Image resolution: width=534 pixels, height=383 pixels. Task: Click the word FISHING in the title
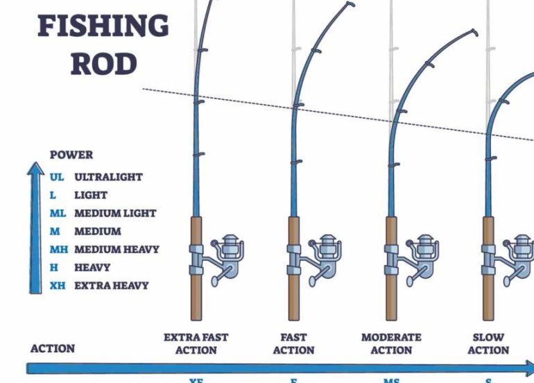(103, 26)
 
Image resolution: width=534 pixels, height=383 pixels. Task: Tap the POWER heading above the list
(71, 155)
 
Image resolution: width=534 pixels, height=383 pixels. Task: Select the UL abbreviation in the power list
(57, 177)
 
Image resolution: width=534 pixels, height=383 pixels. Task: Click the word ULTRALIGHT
(108, 177)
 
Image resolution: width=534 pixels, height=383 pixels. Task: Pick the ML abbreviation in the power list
(58, 213)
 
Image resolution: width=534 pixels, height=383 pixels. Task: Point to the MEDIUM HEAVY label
(117, 249)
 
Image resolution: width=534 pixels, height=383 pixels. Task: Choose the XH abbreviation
(58, 285)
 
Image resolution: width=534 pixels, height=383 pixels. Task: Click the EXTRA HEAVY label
(111, 285)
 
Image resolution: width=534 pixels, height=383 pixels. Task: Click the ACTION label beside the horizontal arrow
(53, 348)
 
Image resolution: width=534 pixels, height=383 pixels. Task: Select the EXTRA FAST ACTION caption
(196, 343)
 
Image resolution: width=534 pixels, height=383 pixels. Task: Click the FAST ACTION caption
(293, 343)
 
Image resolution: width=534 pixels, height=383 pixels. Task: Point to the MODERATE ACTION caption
(391, 343)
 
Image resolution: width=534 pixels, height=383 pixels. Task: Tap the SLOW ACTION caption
(488, 343)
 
